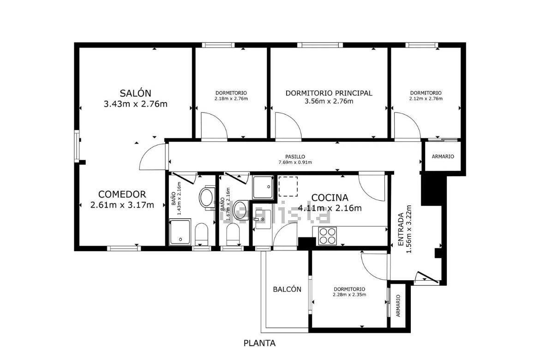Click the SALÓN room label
click(135, 93)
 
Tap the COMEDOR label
click(122, 194)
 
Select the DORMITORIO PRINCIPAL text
click(329, 93)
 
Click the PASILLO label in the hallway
click(295, 157)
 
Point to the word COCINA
click(330, 198)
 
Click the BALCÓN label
click(287, 289)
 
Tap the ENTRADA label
click(401, 229)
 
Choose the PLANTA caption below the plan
click(259, 343)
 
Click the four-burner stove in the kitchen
click(327, 236)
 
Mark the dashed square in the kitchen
click(288, 186)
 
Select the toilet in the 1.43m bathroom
click(202, 234)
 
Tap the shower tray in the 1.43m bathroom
click(180, 232)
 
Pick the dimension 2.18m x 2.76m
click(231, 98)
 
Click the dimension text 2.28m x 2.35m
click(349, 294)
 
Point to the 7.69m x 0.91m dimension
click(295, 162)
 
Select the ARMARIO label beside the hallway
click(443, 156)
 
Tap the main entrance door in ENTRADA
click(427, 277)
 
